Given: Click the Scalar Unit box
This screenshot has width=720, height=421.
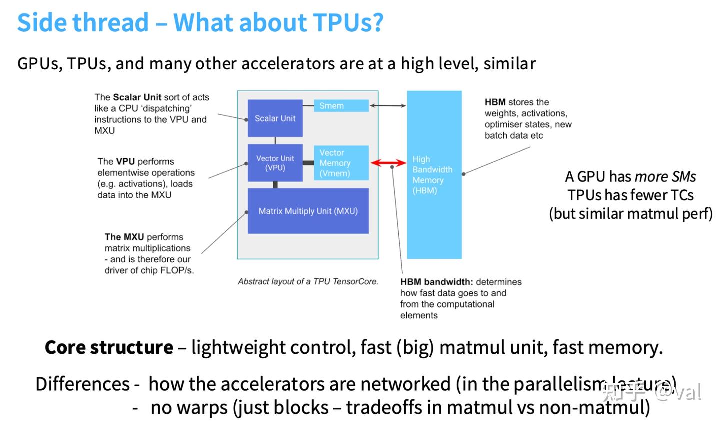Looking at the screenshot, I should coord(275,118).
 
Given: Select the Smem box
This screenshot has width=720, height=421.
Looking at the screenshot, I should coord(341,106).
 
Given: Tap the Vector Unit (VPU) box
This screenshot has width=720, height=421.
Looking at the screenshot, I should coord(275,163).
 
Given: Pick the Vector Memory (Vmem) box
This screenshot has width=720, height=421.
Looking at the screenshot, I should coord(341,163).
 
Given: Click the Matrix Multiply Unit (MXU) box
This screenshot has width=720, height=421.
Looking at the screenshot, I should coord(308,211).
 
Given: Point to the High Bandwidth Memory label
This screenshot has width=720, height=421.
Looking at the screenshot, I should coord(433,175).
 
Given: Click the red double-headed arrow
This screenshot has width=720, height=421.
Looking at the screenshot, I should coord(388,163).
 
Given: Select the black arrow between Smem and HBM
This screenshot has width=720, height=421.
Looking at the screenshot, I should coord(388,106).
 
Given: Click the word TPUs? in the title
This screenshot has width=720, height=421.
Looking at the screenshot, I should coord(348,23).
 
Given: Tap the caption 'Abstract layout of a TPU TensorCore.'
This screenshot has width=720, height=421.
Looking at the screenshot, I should coord(308,281).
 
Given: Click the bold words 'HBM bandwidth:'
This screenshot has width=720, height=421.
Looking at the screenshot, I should coord(436,282).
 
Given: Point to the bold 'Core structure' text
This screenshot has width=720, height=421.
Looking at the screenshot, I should coord(109,347).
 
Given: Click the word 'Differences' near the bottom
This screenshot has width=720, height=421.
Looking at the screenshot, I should coord(83,384).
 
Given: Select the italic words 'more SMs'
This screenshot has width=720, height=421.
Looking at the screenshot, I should coord(665,177).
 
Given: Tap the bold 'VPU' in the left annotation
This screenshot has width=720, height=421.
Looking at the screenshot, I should coord(125,161).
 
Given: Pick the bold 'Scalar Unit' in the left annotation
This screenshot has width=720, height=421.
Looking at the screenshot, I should coord(137,97).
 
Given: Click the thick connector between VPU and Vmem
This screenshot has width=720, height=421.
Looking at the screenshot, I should coord(308,163).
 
